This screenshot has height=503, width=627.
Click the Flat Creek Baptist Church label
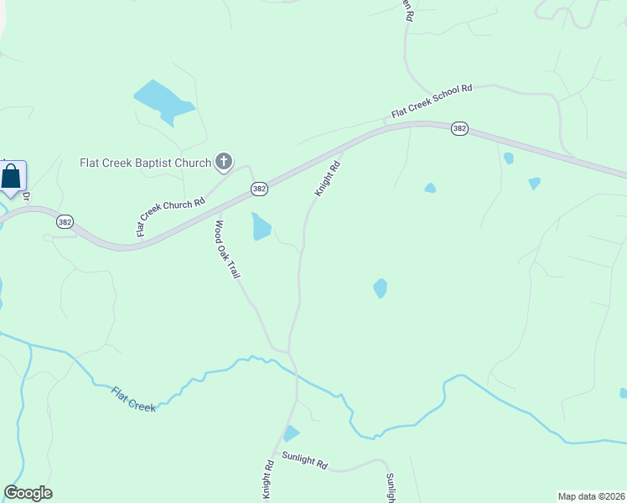145,162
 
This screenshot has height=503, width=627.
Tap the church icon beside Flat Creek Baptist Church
224,161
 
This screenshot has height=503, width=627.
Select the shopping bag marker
12,177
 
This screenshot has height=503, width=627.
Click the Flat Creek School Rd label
432,100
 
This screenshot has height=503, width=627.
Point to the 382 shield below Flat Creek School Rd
459,128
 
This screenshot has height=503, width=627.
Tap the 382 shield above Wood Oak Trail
259,189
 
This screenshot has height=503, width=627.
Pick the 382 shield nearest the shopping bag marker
65,221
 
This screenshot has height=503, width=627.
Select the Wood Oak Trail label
228,249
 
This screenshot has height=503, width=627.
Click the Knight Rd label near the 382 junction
327,179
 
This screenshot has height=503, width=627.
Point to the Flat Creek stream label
133,398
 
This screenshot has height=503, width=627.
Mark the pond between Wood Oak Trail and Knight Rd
261,226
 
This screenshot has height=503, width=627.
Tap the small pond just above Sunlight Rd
290,433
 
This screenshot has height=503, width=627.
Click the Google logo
28,493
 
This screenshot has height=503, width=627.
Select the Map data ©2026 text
591,496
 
